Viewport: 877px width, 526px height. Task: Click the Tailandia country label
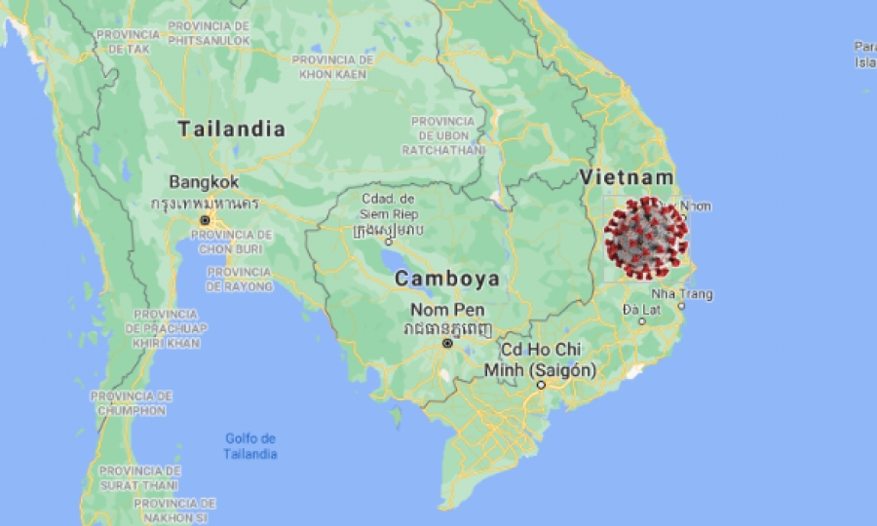232,130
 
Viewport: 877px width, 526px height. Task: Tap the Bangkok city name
203,182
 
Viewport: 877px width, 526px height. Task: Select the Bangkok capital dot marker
205,221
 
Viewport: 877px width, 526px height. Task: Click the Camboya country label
446,279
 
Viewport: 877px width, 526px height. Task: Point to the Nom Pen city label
446,309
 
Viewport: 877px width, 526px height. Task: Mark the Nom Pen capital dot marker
447,344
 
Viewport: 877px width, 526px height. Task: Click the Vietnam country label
627,177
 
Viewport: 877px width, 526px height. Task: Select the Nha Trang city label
682,294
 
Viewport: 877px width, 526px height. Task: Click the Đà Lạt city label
643,310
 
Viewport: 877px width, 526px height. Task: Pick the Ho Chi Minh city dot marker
542,386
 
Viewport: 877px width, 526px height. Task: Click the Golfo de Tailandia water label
250,446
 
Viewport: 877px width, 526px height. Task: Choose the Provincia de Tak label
128,41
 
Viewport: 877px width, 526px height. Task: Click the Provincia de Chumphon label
132,403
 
